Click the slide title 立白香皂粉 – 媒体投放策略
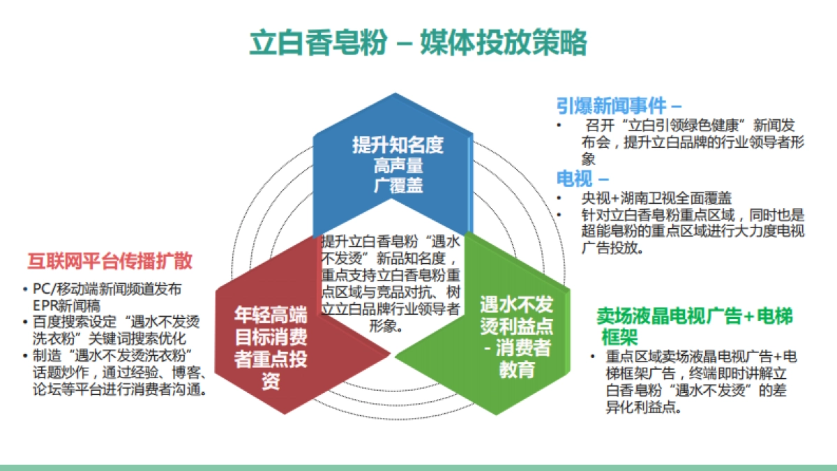pos(418,43)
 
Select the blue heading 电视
pos(575,179)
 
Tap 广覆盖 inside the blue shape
pos(398,186)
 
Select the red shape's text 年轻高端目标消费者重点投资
pos(270,348)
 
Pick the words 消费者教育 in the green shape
pos(521,358)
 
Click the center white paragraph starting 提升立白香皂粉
pos(391,283)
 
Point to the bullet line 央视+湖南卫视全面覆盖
pos(656,198)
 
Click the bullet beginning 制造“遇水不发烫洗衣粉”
pos(119,371)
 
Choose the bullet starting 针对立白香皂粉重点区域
pos(691,231)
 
